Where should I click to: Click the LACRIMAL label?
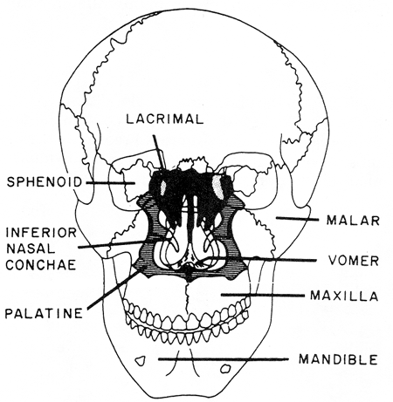(x=164, y=119)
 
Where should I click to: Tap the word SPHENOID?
(x=45, y=182)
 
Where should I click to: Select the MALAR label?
(x=353, y=221)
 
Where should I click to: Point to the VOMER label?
(x=354, y=261)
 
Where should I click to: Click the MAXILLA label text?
(x=344, y=296)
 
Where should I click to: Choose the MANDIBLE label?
(x=338, y=359)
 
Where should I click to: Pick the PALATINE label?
(x=44, y=313)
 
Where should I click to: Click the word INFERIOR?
(x=41, y=233)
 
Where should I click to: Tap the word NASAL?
(x=31, y=249)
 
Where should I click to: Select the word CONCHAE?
(x=41, y=264)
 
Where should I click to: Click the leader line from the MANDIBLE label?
(x=223, y=359)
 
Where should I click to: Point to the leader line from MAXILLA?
(x=262, y=296)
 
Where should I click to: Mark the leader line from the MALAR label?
(x=297, y=219)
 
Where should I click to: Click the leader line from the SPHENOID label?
(x=110, y=183)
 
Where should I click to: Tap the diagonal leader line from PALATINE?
(x=113, y=289)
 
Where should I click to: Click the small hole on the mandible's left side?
(x=141, y=361)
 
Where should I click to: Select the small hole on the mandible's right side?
(x=224, y=369)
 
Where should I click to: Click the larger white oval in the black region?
(x=217, y=187)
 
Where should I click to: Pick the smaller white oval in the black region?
(x=163, y=187)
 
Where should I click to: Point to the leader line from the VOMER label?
(x=259, y=259)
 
